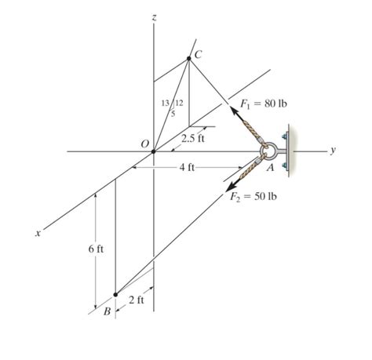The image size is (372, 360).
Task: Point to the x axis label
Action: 37,233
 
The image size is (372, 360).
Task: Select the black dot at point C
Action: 189,58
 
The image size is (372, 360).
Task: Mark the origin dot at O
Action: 153,151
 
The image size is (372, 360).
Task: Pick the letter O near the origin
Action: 144,144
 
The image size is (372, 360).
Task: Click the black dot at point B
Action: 115,295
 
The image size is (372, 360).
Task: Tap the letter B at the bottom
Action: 108,311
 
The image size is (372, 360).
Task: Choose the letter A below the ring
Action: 269,166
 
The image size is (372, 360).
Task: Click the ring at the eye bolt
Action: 267,150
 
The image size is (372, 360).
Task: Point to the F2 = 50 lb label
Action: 253,196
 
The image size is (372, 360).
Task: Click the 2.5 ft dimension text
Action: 192,139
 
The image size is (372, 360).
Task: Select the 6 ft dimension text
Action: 95,249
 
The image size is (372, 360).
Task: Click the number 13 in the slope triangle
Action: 163,104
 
